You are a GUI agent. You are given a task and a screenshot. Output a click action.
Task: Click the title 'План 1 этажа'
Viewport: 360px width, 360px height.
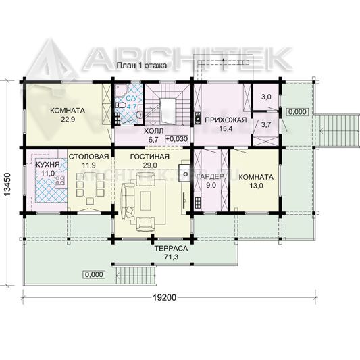[142, 66]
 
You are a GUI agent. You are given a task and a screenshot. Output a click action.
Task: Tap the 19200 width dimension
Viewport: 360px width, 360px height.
[165, 297]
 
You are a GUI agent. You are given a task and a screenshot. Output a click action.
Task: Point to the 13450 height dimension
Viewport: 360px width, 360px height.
[7, 184]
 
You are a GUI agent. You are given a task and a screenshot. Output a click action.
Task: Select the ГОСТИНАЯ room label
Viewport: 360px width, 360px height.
[150, 157]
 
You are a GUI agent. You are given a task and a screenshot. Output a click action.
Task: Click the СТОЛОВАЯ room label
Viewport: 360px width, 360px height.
[89, 157]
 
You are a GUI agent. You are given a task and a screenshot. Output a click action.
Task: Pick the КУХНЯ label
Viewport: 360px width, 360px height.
[48, 164]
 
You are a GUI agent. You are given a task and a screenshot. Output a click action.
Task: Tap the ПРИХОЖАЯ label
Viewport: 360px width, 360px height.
[226, 120]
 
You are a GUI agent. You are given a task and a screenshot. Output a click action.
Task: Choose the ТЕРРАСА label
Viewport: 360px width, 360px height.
[171, 249]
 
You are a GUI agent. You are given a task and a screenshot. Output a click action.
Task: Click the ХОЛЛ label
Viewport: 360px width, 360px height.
[154, 131]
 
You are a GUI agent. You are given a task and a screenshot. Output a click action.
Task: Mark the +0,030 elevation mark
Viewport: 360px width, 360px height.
[177, 139]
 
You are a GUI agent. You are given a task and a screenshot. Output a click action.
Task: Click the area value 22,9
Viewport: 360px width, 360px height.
[68, 120]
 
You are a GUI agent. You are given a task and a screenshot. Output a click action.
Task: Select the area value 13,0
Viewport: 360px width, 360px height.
[256, 186]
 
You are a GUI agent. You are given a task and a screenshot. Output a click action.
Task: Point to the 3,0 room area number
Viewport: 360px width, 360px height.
[266, 97]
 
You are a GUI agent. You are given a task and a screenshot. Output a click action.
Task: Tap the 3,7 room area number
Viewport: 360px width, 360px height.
[266, 125]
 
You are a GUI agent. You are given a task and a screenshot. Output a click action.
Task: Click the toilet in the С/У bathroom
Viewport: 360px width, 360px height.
[121, 105]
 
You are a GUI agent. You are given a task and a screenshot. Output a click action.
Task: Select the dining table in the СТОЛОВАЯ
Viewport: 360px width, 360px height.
[90, 185]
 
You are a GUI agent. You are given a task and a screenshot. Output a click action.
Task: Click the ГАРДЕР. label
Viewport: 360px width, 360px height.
[211, 176]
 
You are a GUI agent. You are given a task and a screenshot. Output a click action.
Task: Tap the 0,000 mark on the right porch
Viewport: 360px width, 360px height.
[297, 112]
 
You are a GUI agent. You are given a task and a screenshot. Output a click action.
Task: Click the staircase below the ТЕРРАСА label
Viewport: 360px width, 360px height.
[137, 276]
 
